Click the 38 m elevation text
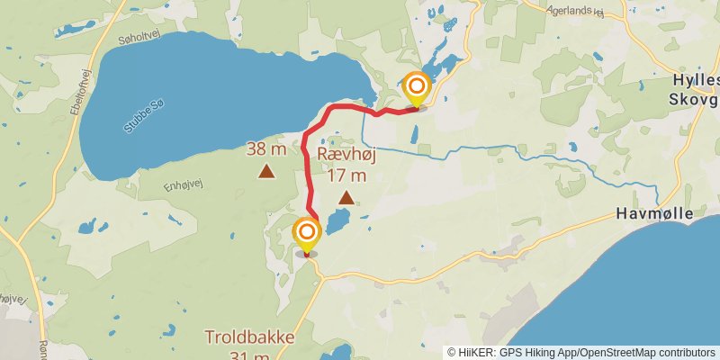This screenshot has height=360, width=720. [266, 149]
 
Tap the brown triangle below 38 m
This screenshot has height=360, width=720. [266, 170]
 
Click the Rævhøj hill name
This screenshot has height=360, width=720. [346, 154]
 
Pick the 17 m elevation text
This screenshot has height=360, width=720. [346, 175]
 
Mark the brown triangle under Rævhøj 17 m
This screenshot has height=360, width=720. [346, 195]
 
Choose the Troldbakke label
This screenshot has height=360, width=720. [249, 337]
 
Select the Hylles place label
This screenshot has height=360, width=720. [696, 80]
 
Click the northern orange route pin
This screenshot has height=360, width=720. [416, 88]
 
